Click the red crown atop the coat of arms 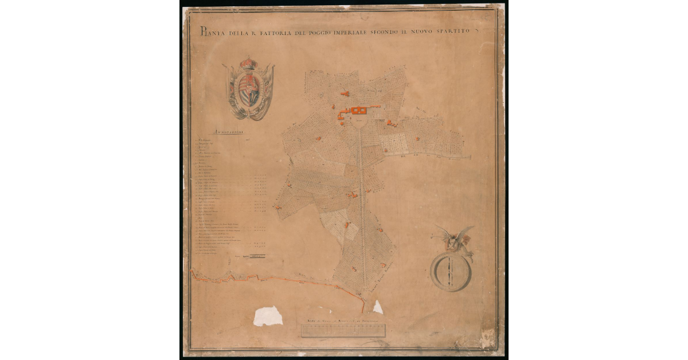(248, 62)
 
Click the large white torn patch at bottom (268, 315)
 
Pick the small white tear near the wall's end (378, 308)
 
